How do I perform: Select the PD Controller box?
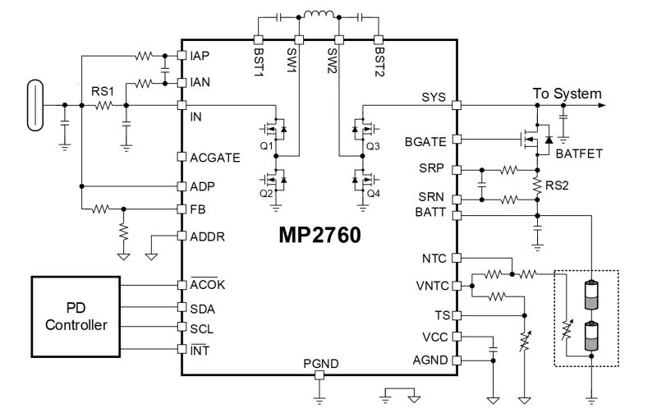click(75, 316)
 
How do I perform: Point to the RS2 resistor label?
click(559, 185)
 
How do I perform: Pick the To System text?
click(567, 94)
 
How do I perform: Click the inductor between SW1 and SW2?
click(317, 15)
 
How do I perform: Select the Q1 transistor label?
click(265, 145)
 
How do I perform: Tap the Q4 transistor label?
click(374, 194)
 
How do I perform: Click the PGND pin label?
click(319, 363)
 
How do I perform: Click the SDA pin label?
click(202, 307)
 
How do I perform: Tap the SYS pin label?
click(432, 97)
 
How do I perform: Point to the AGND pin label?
click(430, 359)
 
